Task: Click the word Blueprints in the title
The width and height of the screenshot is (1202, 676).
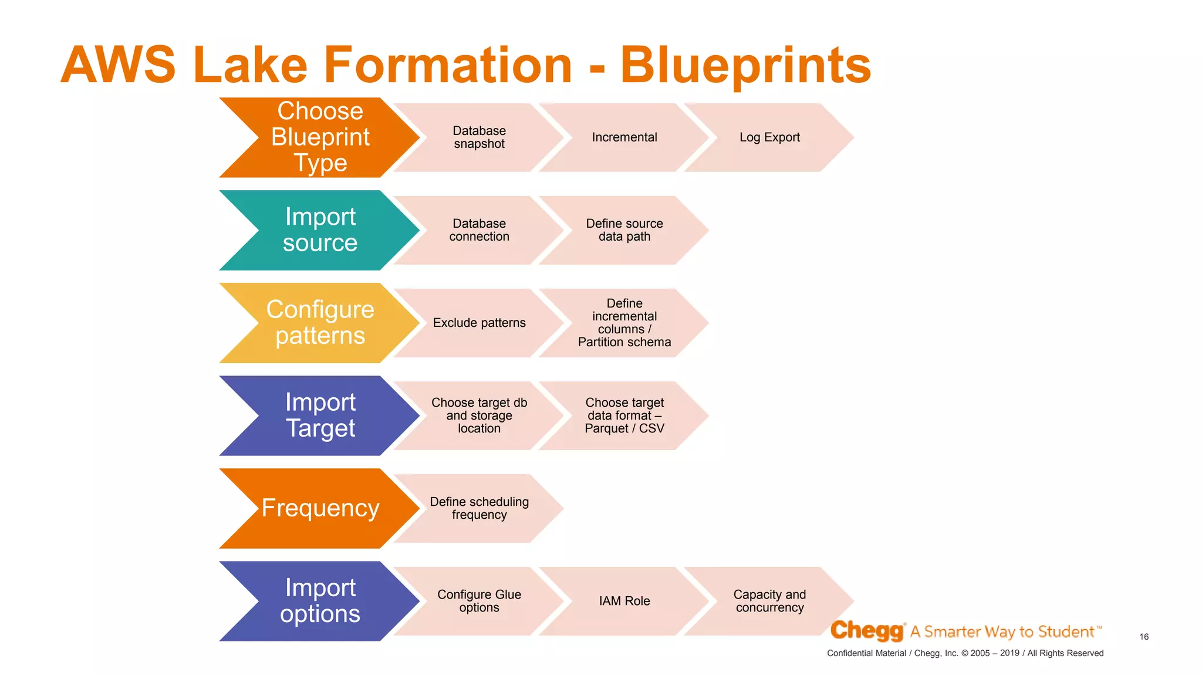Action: coord(745,66)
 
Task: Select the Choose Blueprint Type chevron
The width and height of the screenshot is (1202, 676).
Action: coord(320,137)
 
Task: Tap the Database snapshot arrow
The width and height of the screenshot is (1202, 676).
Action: coord(479,137)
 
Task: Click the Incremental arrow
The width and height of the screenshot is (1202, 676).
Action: coord(624,137)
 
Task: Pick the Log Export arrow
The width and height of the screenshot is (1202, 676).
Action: coord(769,137)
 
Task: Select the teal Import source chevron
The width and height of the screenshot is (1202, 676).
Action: coord(320,230)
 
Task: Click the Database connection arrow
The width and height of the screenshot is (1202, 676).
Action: coord(479,230)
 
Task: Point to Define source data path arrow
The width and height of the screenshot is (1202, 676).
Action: coord(624,230)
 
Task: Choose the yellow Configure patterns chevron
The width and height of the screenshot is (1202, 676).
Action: coord(320,323)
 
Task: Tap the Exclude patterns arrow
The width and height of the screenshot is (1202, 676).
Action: coord(479,323)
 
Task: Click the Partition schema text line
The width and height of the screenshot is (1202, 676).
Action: coord(624,342)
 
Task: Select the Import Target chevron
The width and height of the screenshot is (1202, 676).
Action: coord(320,415)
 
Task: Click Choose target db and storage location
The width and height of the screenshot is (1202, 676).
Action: coord(479,415)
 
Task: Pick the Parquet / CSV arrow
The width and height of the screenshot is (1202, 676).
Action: coord(624,416)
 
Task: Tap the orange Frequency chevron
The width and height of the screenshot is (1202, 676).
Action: coord(320,508)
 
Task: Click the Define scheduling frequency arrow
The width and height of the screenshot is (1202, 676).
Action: coord(479,508)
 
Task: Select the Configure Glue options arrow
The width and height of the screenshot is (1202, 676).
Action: coord(479,601)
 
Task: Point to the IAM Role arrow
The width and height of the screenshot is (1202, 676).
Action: coord(624,601)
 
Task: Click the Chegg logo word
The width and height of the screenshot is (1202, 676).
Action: coord(867,631)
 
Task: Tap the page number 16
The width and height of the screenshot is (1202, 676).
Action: coord(1144,637)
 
